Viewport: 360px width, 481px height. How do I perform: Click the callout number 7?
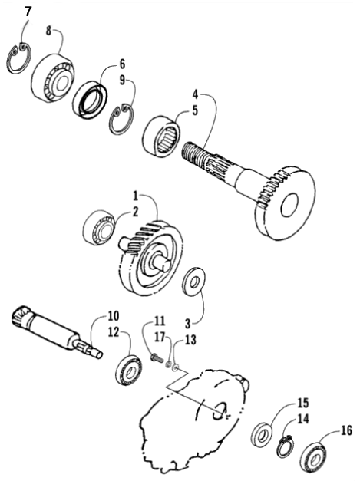pos(28,12)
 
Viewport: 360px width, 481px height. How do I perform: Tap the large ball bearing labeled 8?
pos(53,78)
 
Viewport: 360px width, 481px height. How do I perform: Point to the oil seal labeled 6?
pos(90,100)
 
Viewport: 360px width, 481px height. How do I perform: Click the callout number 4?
pos(196,94)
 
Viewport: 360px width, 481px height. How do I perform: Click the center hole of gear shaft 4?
pos(289,204)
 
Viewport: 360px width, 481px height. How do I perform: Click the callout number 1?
pos(135,195)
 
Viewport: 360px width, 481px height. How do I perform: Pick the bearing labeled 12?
pos(129,370)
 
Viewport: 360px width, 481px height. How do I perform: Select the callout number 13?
pos(190,340)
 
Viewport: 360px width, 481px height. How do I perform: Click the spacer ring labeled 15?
pos(262,435)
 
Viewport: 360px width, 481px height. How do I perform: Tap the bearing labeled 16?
pos(312,456)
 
